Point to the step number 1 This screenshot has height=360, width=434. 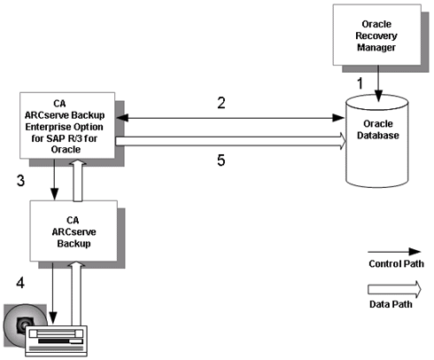[x=360, y=82]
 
